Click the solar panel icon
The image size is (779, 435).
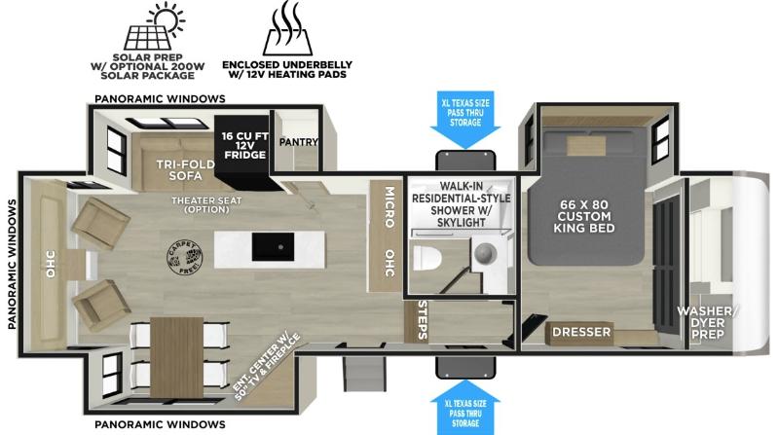pos(154,26)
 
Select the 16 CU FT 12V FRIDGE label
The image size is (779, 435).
pos(245,145)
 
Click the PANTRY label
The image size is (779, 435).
pos(298,142)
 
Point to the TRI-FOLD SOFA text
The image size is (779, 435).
pos(185,170)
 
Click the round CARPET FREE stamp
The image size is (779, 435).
pos(185,257)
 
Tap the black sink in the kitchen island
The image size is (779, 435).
pos(273,247)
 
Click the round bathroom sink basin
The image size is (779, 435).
pos(485,254)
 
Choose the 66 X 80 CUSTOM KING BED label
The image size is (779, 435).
pos(583,216)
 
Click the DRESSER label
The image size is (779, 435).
pos(581,332)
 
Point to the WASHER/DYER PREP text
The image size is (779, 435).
pos(708,323)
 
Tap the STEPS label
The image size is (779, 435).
pos(423,320)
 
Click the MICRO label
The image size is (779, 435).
pos(389,207)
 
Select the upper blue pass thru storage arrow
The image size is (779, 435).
pos(465,120)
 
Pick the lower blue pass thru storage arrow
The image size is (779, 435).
pos(465,407)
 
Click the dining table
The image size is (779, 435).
pos(176,357)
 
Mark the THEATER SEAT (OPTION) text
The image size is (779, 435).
pos(206,204)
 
